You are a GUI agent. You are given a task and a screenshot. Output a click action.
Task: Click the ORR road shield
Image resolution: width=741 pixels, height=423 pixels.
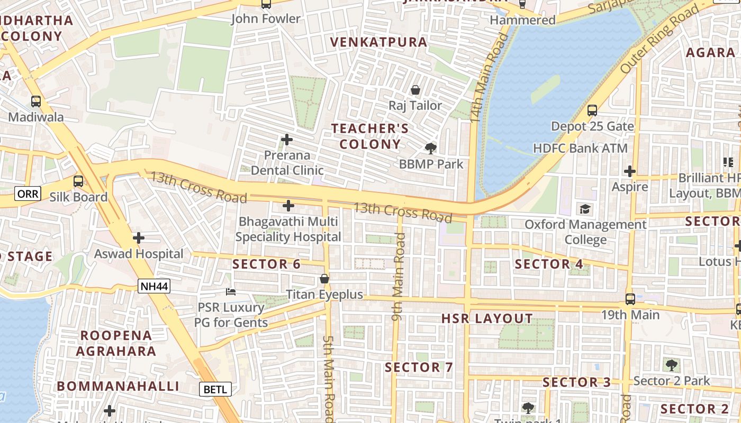coord(28,194)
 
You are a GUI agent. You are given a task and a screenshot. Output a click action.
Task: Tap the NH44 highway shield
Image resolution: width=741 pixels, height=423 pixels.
coord(154,287)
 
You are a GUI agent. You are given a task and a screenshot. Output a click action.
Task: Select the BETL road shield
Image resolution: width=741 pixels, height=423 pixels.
coord(215,390)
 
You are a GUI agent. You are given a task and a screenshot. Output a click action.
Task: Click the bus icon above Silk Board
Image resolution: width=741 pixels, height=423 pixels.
coord(78,181)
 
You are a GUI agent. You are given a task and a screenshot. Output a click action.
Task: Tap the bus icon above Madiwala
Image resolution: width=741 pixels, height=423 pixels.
coord(36,101)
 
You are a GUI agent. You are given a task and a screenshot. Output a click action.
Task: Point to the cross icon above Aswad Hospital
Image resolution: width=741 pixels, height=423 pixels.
coord(139,238)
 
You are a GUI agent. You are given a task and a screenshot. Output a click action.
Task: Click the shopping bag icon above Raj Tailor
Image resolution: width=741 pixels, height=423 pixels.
coord(415,90)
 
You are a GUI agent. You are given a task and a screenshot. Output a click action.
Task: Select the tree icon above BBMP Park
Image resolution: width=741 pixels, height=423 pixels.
coord(431,148)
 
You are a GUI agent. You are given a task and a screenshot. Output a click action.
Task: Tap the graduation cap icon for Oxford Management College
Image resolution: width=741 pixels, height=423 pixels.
coord(585,209)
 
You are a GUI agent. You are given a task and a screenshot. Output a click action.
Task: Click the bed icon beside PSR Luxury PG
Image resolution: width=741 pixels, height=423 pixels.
coord(231,291)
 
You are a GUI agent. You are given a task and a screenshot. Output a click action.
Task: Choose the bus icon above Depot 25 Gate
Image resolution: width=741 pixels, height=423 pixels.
coord(592,111)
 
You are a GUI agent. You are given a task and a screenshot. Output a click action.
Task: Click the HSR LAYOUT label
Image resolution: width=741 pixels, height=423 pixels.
coord(487,318)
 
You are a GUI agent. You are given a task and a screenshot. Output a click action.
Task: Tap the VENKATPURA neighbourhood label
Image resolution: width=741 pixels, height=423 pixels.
coord(378,42)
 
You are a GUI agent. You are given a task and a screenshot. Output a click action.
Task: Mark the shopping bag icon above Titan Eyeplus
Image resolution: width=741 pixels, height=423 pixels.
coord(324,279)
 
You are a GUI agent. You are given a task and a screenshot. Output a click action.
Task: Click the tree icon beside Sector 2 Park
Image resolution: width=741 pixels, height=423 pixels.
coord(671,364)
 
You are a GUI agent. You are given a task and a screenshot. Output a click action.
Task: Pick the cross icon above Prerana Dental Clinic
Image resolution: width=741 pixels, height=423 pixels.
coord(287,140)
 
